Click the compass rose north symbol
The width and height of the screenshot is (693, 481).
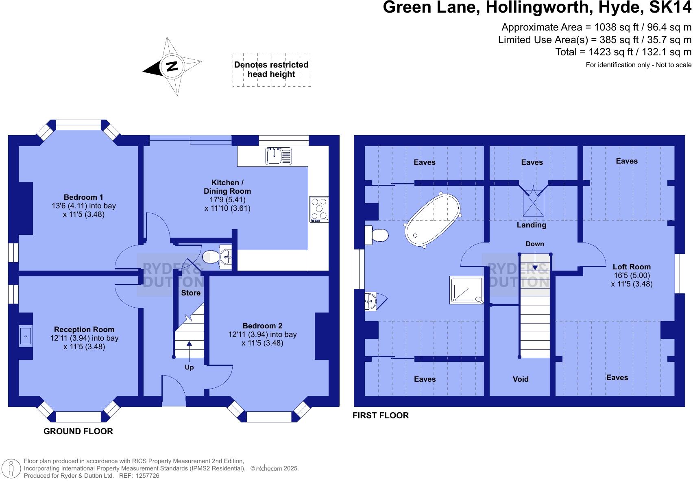(172, 66)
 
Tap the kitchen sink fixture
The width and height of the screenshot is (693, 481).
(279, 156)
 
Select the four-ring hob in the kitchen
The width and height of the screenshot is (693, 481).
(319, 209)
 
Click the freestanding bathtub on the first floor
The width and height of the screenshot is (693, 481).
(432, 220)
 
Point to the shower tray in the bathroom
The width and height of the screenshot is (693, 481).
(466, 290)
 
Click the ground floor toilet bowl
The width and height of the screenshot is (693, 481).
(211, 257)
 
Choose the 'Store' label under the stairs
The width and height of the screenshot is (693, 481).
(191, 293)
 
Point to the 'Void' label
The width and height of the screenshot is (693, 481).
(521, 379)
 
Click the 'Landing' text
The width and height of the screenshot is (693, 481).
(531, 225)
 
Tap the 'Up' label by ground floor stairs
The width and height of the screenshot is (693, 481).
(189, 367)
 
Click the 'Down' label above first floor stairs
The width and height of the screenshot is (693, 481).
(534, 244)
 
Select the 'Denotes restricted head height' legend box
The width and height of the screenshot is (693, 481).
(272, 70)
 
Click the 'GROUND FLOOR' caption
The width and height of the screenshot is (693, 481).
(78, 431)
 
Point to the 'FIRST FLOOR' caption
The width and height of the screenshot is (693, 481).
(380, 415)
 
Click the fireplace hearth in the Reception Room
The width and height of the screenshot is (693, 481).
(25, 336)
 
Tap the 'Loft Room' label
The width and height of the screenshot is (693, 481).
(631, 267)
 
